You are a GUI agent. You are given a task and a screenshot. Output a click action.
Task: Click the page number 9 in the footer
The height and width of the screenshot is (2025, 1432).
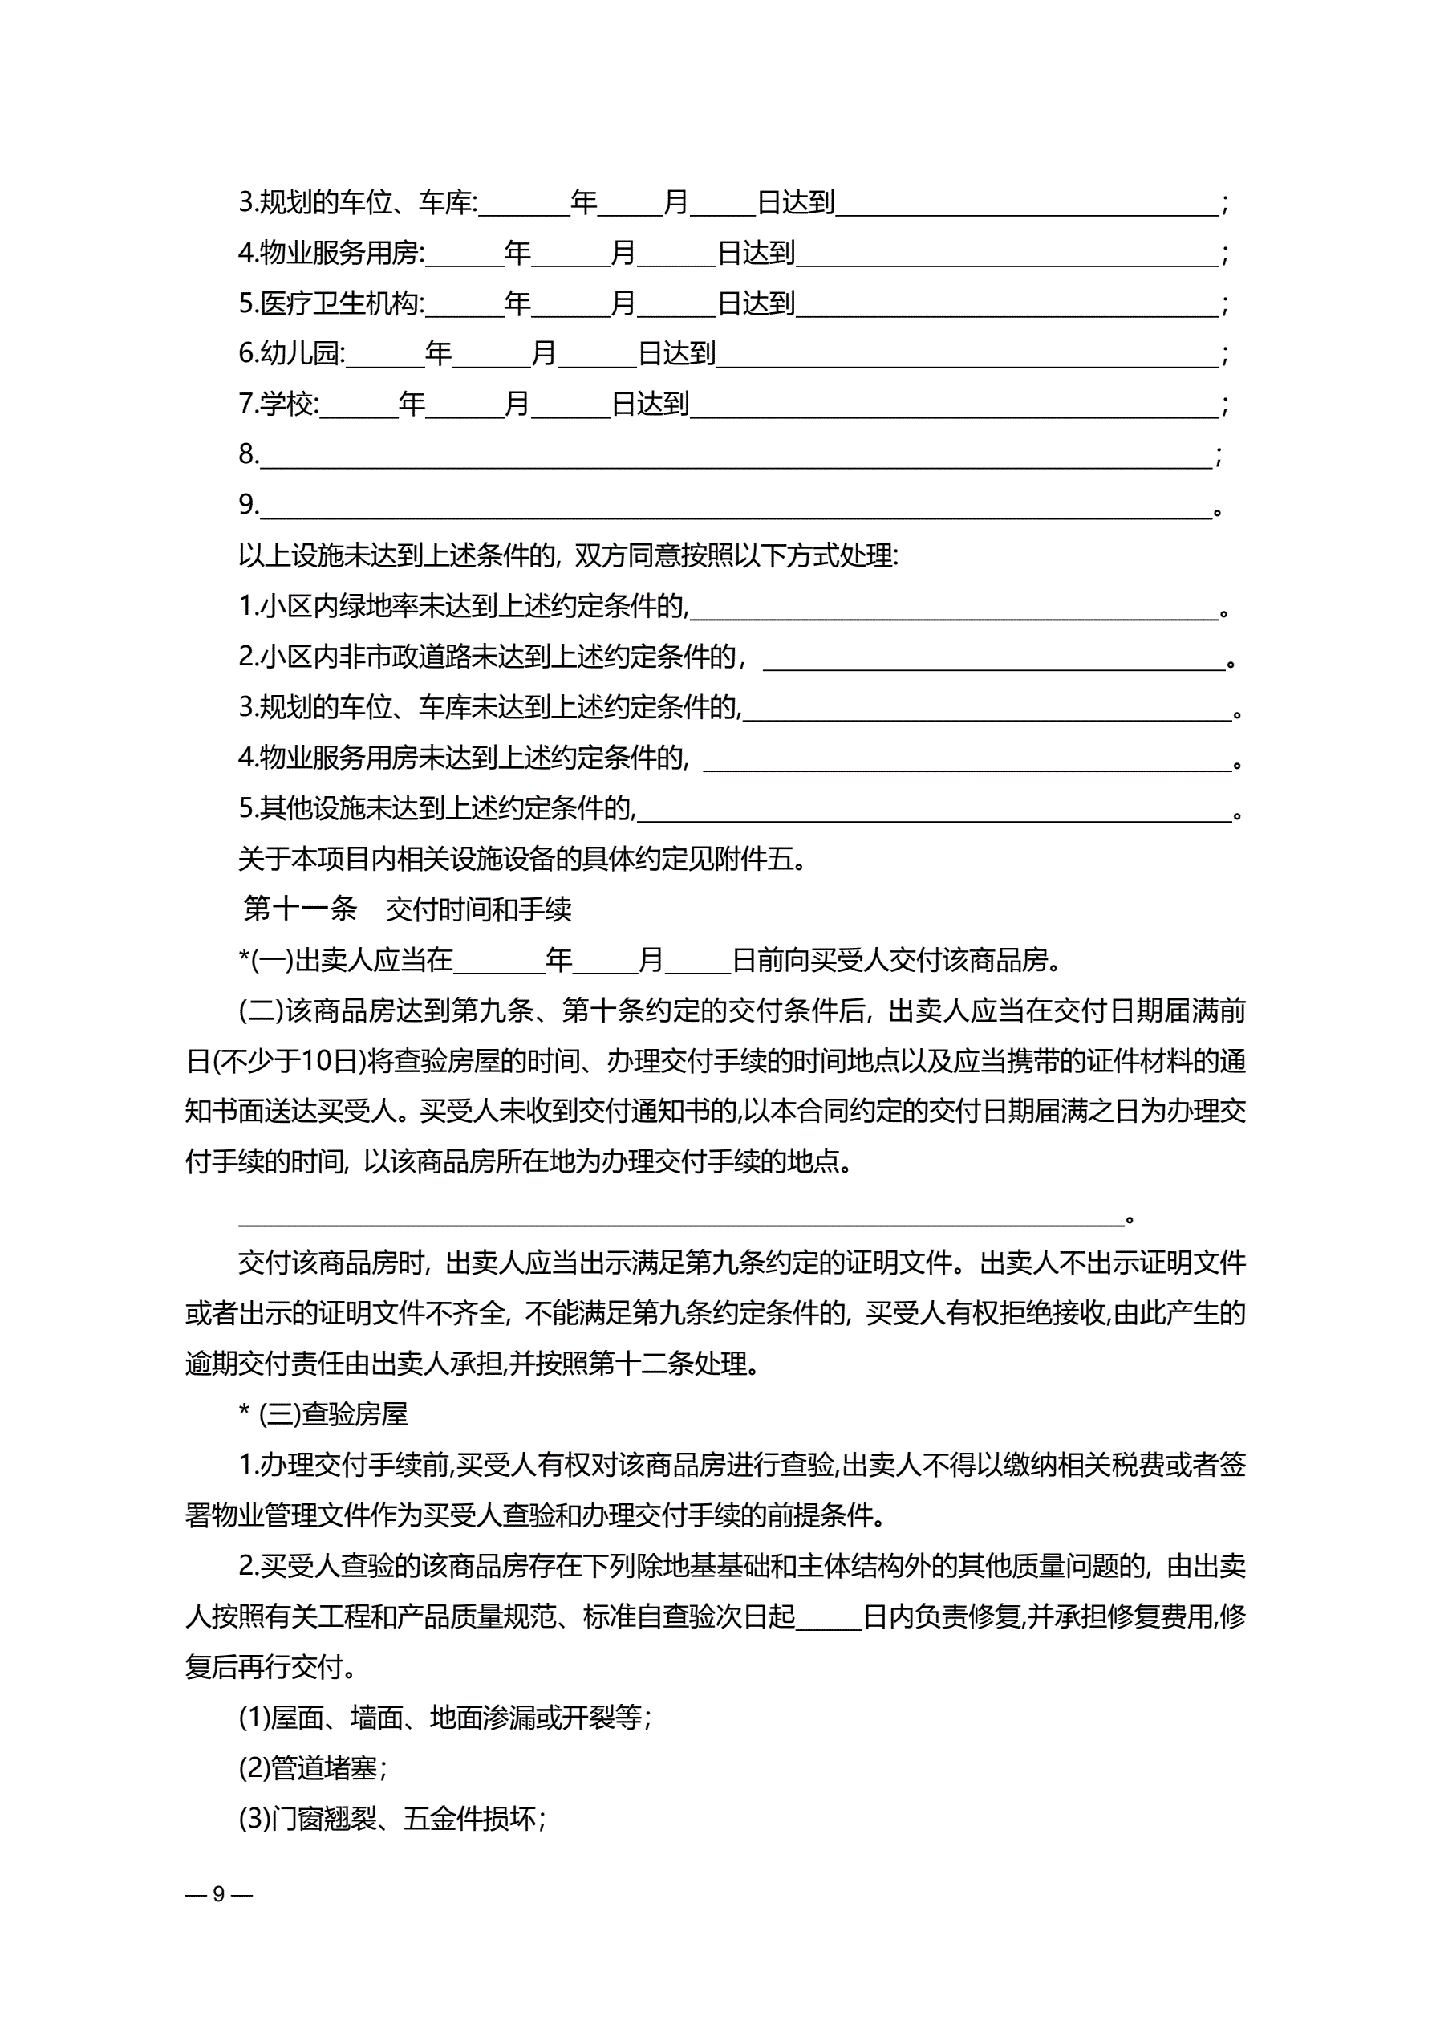point(219,1893)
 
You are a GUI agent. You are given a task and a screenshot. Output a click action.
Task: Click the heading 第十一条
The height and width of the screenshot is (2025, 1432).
point(300,909)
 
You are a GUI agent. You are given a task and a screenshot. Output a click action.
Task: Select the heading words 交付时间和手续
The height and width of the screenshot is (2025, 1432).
point(479,909)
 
